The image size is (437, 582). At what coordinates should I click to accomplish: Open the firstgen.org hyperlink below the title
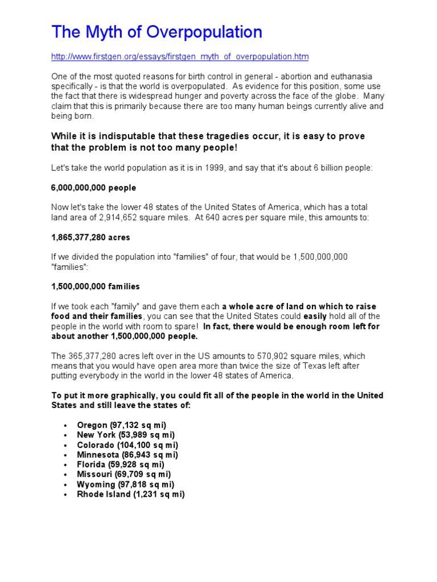(180, 57)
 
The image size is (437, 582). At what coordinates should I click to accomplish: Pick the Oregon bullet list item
(122, 425)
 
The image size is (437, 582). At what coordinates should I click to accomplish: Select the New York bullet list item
(126, 435)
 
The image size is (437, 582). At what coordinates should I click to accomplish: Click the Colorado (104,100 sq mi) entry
(127, 445)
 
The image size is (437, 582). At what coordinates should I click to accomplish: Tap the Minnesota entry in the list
(127, 455)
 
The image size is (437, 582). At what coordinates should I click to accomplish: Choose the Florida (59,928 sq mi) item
(121, 464)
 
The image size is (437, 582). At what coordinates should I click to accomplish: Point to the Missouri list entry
(124, 474)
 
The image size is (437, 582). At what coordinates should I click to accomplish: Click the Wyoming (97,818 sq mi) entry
(125, 484)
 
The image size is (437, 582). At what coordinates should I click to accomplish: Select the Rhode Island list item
(131, 494)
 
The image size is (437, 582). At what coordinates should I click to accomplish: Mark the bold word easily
(315, 316)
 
